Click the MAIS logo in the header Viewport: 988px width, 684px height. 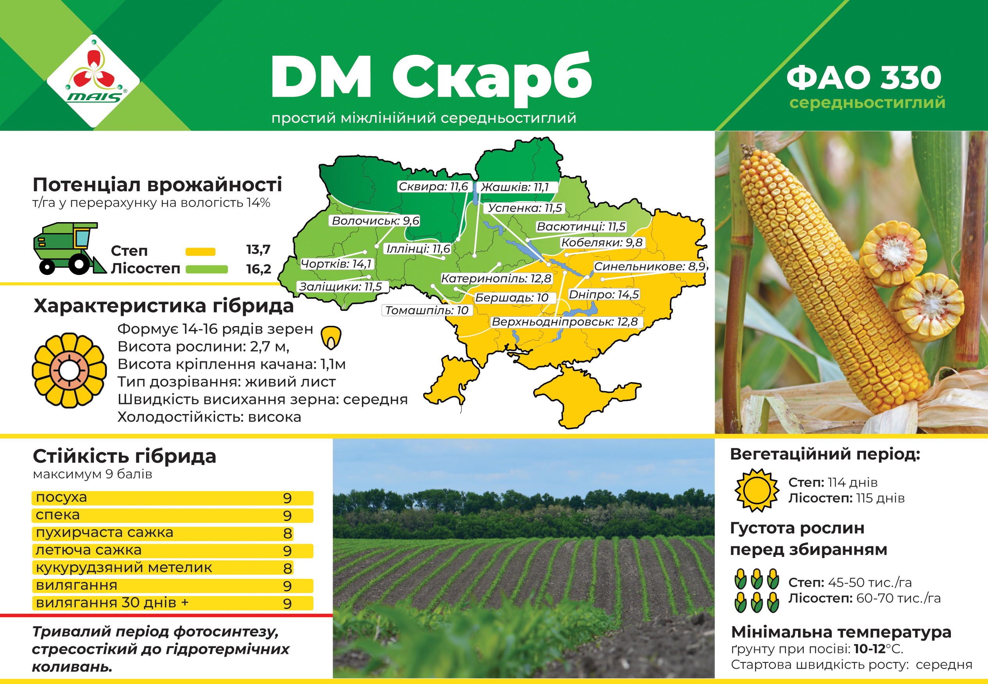[93, 81]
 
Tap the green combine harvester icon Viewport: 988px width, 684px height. [70, 249]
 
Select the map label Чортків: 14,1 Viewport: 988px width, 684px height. [336, 264]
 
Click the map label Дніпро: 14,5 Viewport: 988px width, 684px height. [604, 294]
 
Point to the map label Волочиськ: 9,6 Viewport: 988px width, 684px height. [375, 221]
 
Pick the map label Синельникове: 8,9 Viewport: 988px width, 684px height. [650, 266]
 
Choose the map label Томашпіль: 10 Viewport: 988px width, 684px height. [427, 310]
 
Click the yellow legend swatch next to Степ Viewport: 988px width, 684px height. [200, 251]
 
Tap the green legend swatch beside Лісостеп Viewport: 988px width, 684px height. [206, 269]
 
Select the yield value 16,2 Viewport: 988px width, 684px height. [258, 269]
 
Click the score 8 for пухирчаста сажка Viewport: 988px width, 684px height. [287, 533]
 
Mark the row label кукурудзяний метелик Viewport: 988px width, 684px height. [124, 567]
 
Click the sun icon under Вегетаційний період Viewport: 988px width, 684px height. [757, 490]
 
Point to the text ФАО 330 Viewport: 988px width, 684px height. [864, 77]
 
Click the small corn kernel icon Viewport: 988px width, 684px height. [331, 337]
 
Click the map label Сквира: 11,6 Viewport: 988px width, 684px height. [433, 187]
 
